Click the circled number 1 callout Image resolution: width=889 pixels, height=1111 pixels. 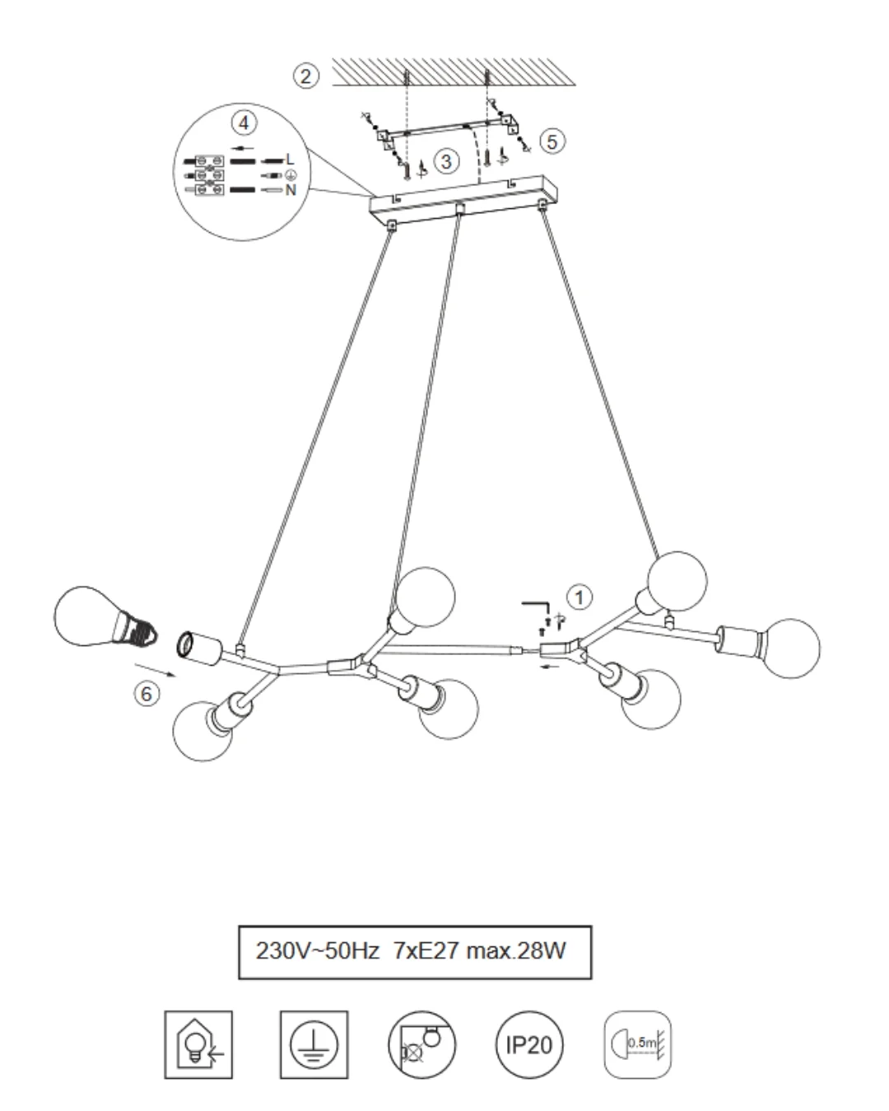(579, 597)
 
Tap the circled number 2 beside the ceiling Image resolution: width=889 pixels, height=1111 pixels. (306, 76)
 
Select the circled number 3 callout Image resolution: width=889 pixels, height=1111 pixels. (446, 161)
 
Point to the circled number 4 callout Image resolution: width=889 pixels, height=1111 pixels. (244, 123)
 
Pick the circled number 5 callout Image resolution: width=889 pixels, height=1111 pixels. (552, 142)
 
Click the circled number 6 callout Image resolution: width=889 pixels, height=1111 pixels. (147, 693)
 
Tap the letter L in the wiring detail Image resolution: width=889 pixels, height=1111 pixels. (290, 160)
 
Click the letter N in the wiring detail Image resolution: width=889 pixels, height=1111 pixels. (291, 190)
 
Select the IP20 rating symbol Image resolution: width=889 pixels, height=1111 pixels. (529, 1044)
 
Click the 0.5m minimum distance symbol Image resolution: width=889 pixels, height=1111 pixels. (637, 1044)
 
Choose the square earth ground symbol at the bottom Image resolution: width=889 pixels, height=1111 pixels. (314, 1044)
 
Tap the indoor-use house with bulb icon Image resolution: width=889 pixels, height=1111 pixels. (198, 1044)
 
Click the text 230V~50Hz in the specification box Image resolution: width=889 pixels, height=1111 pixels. (317, 951)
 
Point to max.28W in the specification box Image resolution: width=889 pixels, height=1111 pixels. (515, 951)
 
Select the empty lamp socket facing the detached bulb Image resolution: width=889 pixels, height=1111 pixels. (199, 648)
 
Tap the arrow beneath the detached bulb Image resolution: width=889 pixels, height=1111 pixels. (155, 670)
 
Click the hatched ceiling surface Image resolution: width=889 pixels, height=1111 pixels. (453, 72)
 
